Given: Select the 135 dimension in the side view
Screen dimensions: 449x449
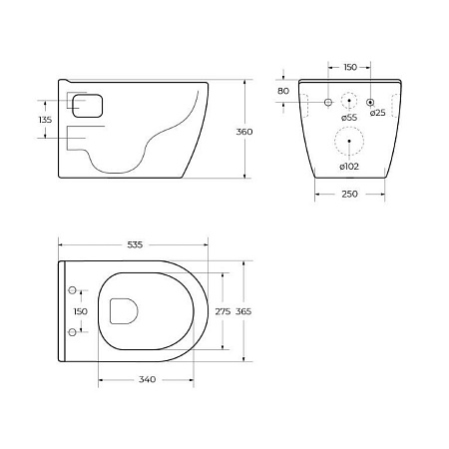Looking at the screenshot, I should [45, 119].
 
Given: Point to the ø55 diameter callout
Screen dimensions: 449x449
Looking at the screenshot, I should [349, 119].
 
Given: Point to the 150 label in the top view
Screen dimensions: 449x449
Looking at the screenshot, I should [84, 311].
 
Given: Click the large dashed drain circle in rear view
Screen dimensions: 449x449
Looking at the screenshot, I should [349, 144].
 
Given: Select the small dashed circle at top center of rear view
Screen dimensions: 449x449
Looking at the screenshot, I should [349, 102].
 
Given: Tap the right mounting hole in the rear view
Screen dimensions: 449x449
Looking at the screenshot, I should [370, 102].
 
